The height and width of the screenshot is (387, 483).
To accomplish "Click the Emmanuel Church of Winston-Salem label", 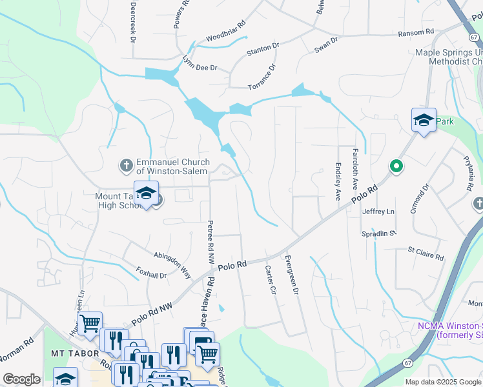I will pos(172,167).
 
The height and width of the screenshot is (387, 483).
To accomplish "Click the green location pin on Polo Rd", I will pos(396,167).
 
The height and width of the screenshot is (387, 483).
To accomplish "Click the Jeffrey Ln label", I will pos(378,212).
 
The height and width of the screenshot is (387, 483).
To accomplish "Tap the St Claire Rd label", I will pos(425,253).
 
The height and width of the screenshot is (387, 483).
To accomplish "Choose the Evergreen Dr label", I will pos(291,274).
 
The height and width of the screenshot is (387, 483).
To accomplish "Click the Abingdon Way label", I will pos(173,264).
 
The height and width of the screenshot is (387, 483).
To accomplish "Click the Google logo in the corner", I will pos(22,379).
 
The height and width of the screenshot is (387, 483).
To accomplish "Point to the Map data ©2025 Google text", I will pos(442,382).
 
